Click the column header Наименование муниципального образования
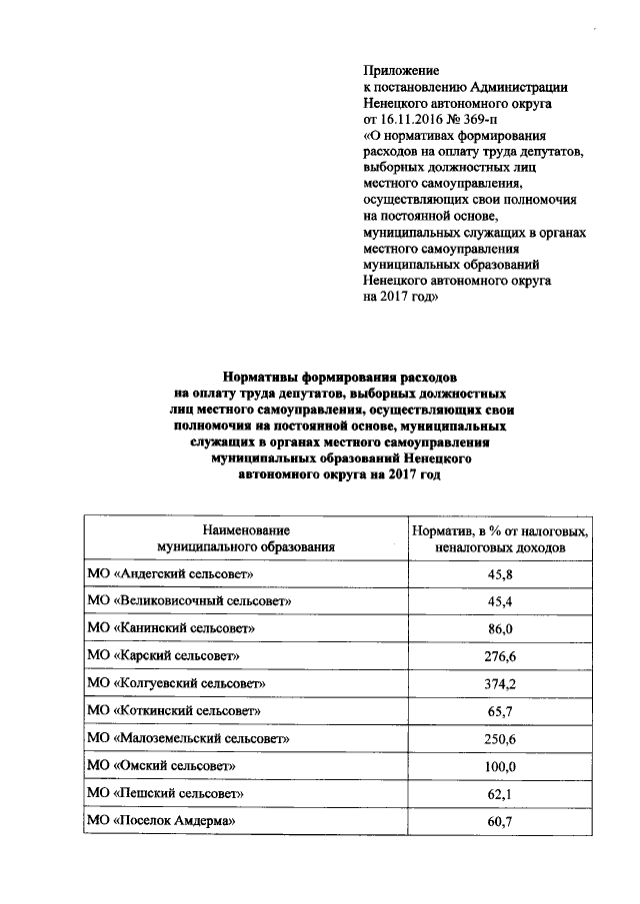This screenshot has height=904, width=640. (245, 537)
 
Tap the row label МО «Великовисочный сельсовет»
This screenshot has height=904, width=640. (190, 602)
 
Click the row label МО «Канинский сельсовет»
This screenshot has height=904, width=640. (172, 629)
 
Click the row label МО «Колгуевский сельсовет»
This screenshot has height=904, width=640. (177, 684)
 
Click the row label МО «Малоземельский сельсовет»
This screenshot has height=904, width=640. (188, 739)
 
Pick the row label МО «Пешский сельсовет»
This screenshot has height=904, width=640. (166, 793)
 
